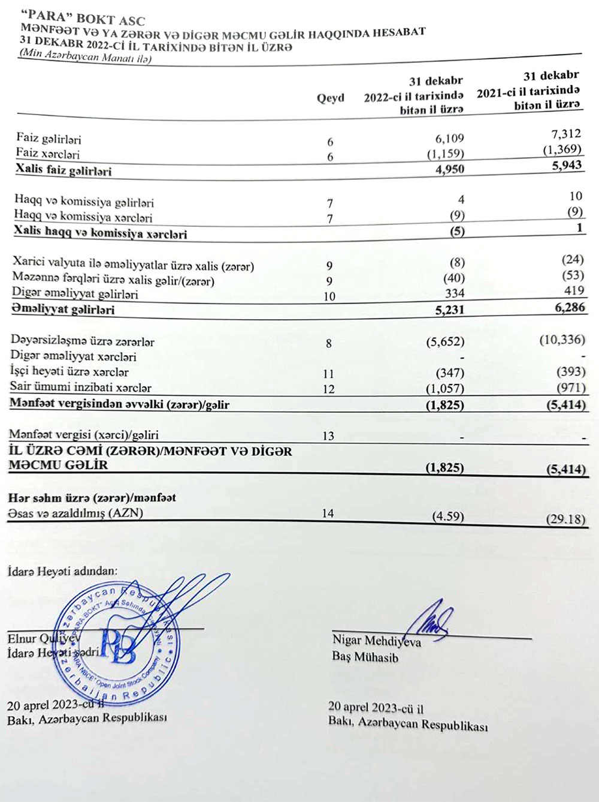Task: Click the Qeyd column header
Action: [330, 98]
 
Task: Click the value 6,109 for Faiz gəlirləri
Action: [449, 139]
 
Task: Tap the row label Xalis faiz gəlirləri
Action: [63, 170]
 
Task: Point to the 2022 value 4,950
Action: [450, 169]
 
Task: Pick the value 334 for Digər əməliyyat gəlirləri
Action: [455, 293]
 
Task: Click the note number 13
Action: [328, 436]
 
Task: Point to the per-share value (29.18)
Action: [565, 519]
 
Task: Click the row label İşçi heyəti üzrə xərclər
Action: [69, 372]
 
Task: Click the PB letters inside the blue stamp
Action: [118, 644]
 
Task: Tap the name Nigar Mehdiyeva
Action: [376, 641]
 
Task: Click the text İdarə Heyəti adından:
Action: [62, 571]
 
